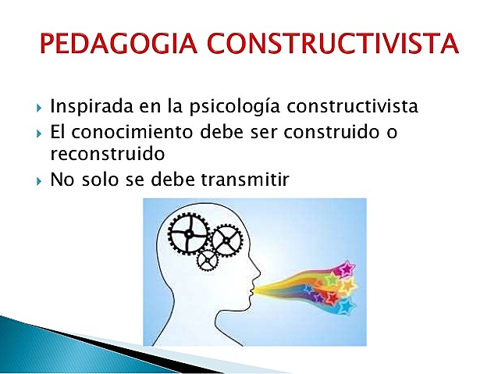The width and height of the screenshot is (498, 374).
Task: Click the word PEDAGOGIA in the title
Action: click(x=123, y=44)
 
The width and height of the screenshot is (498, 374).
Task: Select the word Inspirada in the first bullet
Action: click(x=87, y=106)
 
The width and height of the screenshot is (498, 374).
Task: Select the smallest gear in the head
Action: click(x=208, y=258)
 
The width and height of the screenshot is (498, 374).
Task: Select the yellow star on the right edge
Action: click(x=349, y=286)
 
